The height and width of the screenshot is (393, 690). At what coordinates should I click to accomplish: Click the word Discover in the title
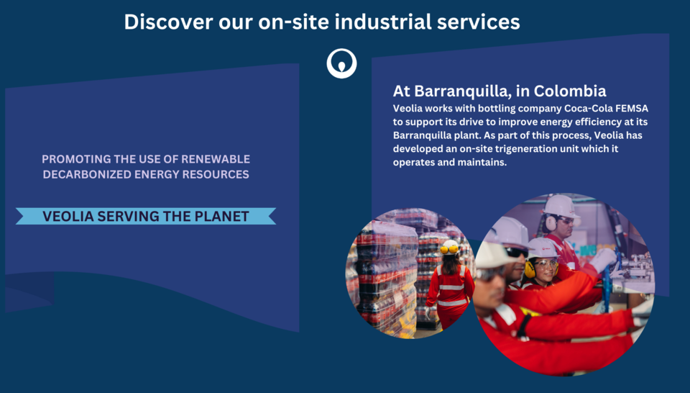(x=168, y=22)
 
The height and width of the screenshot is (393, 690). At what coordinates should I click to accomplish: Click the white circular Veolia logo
(x=341, y=63)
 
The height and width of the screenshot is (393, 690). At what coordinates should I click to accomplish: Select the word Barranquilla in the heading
(x=463, y=91)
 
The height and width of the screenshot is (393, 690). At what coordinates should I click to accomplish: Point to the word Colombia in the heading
(x=570, y=91)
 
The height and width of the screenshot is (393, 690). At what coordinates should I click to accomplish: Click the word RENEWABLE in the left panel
(x=216, y=159)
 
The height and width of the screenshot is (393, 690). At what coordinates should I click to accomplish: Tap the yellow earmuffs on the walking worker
(x=448, y=249)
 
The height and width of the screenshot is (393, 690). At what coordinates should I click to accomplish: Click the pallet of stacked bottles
(x=387, y=278)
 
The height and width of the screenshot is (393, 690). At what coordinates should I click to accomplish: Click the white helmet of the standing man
(x=561, y=205)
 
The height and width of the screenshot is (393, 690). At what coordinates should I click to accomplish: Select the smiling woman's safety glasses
(x=546, y=263)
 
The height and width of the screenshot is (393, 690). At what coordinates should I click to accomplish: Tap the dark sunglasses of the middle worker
(x=516, y=252)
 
